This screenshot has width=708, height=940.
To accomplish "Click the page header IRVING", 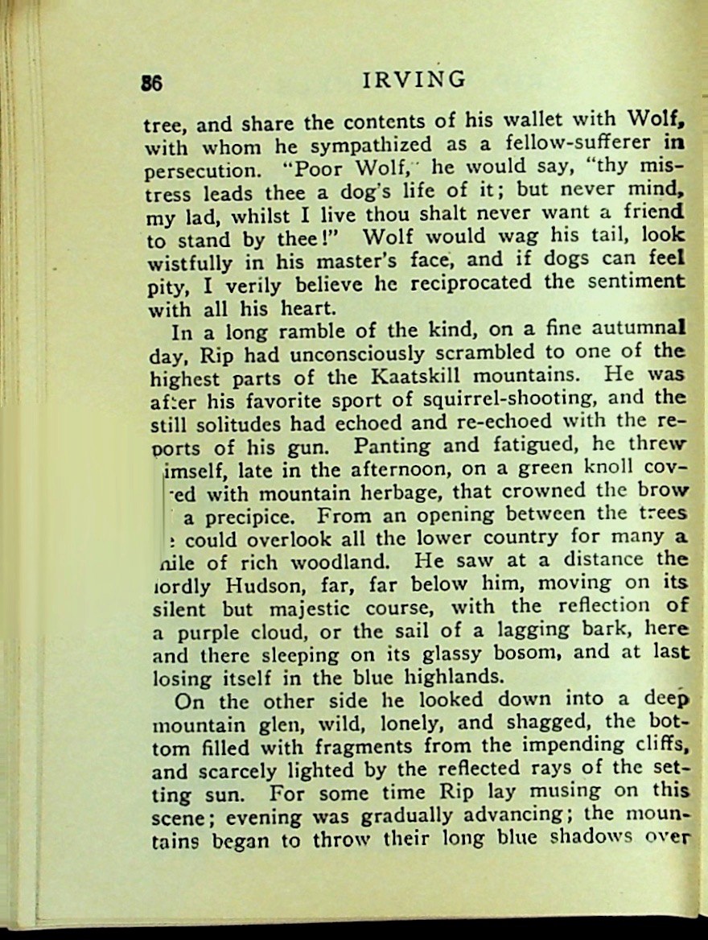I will (414, 79).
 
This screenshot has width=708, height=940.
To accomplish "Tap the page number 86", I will (152, 83).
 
